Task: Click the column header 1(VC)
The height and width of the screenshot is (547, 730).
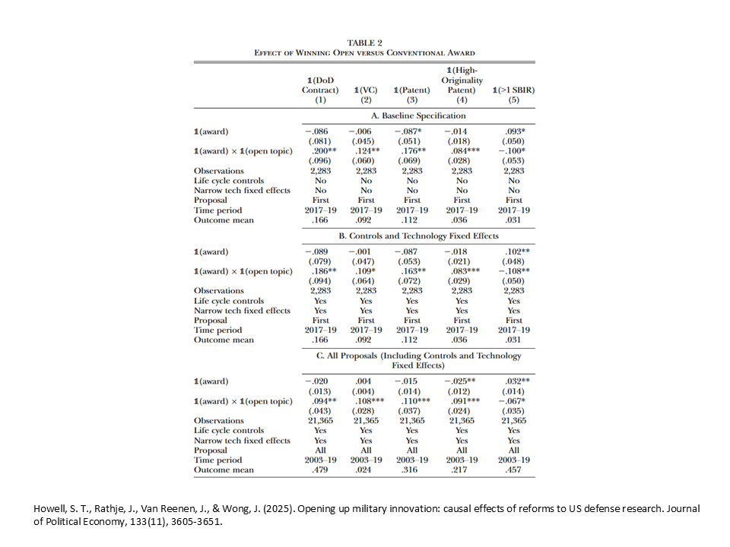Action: (x=365, y=90)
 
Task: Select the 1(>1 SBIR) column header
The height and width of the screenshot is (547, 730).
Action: (x=513, y=90)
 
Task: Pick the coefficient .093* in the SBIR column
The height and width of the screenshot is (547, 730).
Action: (x=515, y=131)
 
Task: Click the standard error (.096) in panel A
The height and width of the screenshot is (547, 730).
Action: (x=320, y=161)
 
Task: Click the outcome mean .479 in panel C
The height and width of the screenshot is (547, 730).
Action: (x=320, y=470)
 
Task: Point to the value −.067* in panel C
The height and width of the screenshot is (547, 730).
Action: (x=513, y=401)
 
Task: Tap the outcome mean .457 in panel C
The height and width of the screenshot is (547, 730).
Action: (x=514, y=470)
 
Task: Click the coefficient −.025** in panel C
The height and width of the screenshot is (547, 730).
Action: (x=461, y=381)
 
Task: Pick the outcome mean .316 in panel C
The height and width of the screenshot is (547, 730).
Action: (x=411, y=470)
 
